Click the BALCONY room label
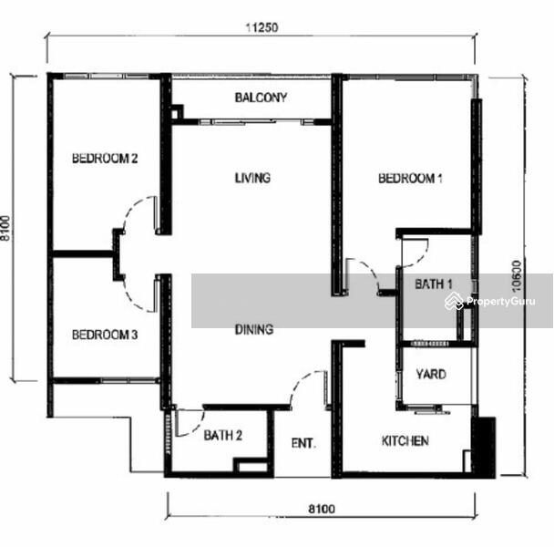tap(261, 98)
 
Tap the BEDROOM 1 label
tap(410, 178)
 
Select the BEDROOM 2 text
tap(105, 158)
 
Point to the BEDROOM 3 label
tap(105, 335)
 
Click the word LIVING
tap(252, 178)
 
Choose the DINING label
tap(254, 329)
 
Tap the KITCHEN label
tap(405, 440)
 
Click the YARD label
tap(431, 374)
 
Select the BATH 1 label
tap(433, 284)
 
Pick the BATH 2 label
tap(223, 435)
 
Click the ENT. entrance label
tap(303, 443)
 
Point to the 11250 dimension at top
tap(262, 27)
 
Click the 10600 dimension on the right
tap(517, 276)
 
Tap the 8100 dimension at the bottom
tap(322, 509)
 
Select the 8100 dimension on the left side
tap(5, 229)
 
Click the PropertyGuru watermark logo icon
tap(454, 301)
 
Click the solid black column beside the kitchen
tap(483, 448)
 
